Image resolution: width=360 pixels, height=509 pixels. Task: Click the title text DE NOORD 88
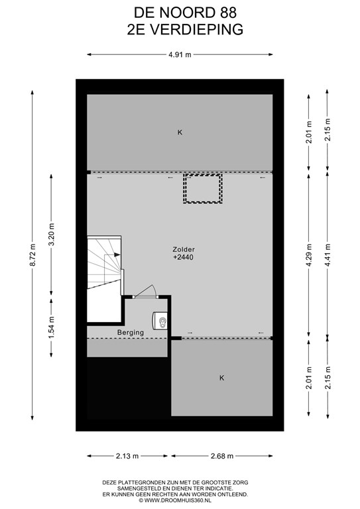[186, 13]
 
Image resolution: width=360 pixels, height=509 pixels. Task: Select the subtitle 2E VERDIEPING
[186, 30]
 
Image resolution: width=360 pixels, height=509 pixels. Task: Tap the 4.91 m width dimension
[180, 55]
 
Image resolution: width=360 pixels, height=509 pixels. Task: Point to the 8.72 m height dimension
[32, 254]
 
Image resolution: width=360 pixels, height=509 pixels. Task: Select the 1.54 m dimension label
[51, 327]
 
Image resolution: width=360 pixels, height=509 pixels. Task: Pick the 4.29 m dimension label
[309, 254]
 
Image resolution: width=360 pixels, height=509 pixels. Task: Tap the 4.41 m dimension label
[328, 254]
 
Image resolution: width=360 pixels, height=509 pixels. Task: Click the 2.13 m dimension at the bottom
[127, 456]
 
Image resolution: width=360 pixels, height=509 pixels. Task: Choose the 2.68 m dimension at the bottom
[222, 456]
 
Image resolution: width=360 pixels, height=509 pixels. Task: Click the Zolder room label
[184, 250]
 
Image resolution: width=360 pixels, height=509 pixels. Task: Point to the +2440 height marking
[184, 257]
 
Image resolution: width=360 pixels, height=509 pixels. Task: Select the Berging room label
[131, 333]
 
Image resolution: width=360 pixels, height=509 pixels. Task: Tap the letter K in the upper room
[180, 133]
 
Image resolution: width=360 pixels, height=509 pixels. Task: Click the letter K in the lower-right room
[221, 378]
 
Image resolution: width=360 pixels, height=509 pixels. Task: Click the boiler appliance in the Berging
[160, 321]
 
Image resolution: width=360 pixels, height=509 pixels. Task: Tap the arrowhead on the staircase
[117, 254]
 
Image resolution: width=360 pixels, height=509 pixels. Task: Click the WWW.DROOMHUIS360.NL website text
[178, 500]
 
